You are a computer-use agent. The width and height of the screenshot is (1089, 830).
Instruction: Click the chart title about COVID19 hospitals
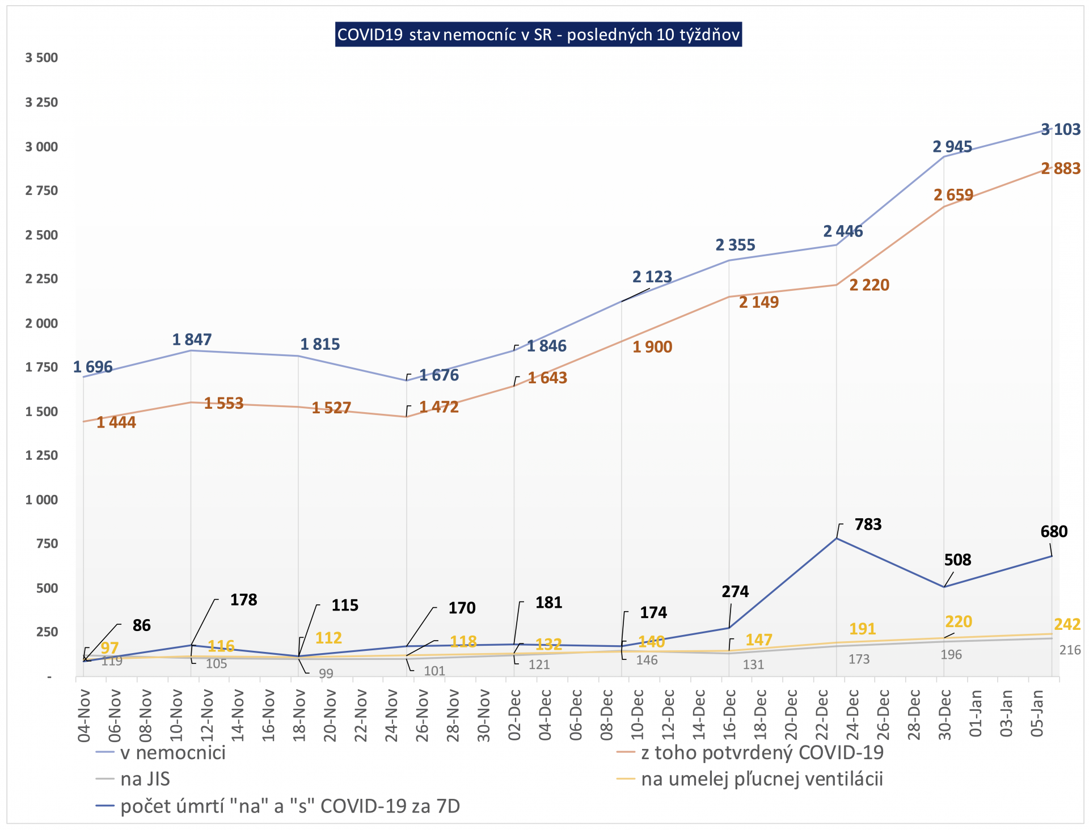(x=538, y=35)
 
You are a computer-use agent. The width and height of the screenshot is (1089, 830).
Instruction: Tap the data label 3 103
(x=1061, y=129)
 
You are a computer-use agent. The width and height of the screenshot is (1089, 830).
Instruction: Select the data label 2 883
(x=1061, y=168)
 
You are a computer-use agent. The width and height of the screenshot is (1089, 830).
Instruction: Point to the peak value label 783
(x=868, y=524)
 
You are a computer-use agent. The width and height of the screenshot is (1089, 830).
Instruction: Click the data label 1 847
(x=192, y=340)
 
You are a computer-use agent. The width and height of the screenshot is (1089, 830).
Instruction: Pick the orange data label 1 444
(x=116, y=422)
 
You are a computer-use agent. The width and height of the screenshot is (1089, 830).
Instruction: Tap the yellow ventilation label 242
(x=1067, y=624)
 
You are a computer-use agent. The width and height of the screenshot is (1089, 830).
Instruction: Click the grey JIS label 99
(x=326, y=674)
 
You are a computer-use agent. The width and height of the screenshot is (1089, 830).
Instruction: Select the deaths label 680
(x=1054, y=532)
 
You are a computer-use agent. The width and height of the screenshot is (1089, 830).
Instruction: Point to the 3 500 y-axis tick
(x=41, y=58)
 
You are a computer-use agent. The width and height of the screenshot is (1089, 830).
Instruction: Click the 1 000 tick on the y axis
(x=41, y=500)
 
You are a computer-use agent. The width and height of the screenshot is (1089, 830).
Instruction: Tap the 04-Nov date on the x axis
(x=85, y=715)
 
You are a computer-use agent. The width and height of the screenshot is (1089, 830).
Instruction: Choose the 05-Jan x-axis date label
(x=1037, y=713)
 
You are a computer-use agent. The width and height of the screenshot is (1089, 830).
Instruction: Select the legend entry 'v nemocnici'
(x=172, y=753)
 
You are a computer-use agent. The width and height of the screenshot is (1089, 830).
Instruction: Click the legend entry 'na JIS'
(x=145, y=780)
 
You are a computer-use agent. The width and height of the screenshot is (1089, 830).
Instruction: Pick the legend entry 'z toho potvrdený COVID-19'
(x=762, y=753)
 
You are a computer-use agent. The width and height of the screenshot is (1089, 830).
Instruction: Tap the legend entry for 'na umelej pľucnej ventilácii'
(x=762, y=780)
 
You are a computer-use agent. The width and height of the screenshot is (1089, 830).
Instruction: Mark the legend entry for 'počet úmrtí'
(x=290, y=806)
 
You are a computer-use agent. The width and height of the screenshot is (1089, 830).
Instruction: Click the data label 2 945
(x=952, y=147)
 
